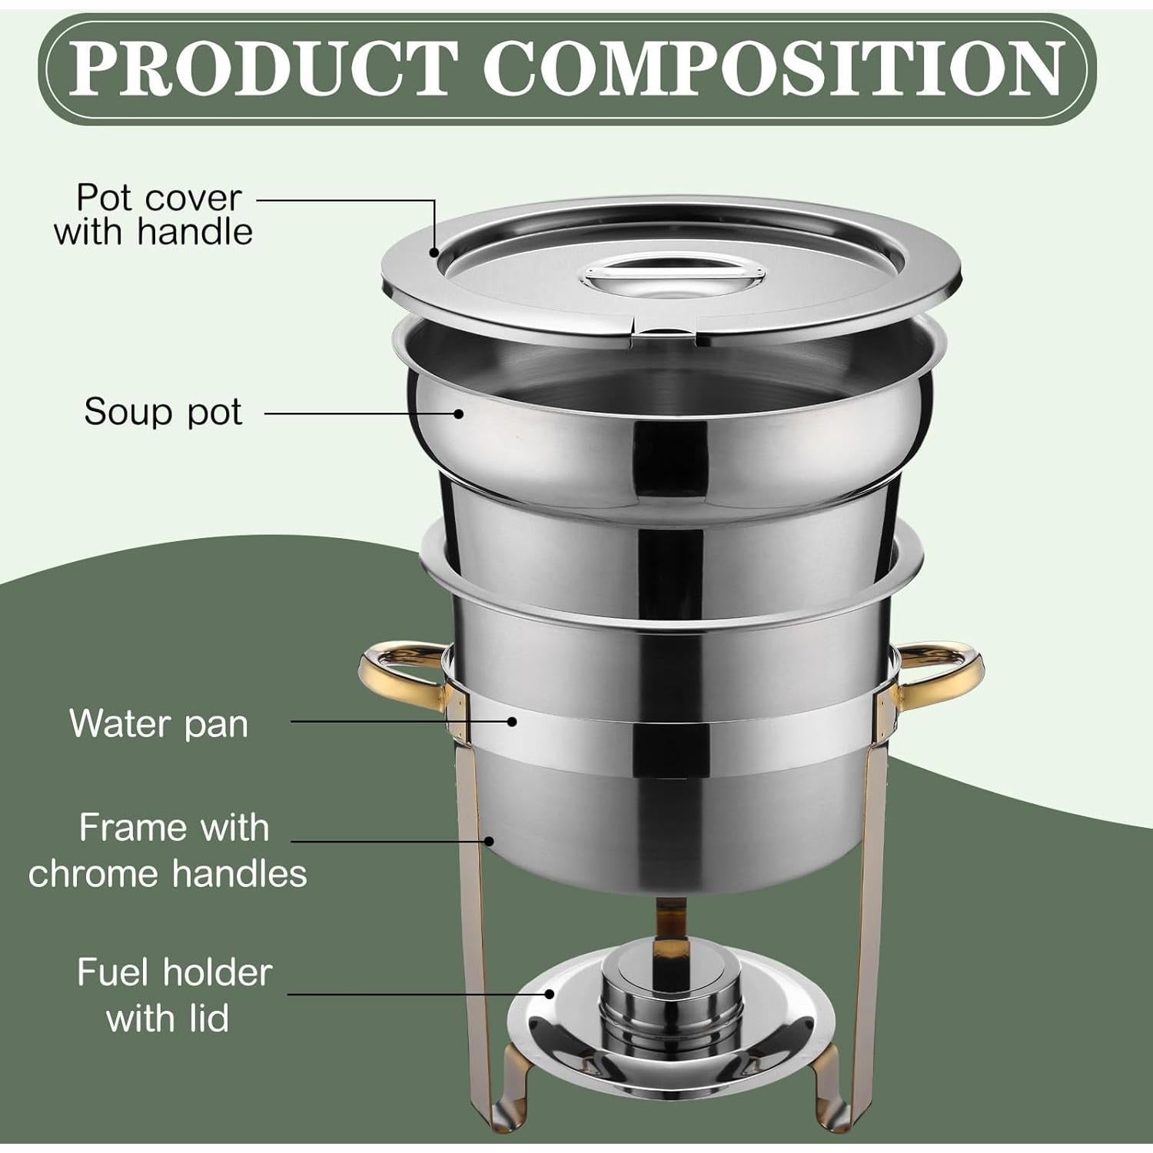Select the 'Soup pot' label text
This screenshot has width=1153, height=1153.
(x=163, y=412)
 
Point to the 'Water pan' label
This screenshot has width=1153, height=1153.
(x=159, y=723)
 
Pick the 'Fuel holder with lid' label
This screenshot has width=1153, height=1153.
(x=174, y=995)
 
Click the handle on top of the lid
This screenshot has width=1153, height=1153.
(x=674, y=275)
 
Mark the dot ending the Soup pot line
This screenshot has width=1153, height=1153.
(x=459, y=414)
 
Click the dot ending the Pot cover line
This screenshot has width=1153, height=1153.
(x=434, y=252)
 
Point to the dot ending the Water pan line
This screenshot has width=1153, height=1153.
(x=512, y=721)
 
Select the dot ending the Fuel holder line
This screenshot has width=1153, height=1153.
(x=550, y=994)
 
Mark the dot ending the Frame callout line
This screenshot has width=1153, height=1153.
(x=489, y=841)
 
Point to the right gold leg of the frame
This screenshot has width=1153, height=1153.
(x=872, y=884)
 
